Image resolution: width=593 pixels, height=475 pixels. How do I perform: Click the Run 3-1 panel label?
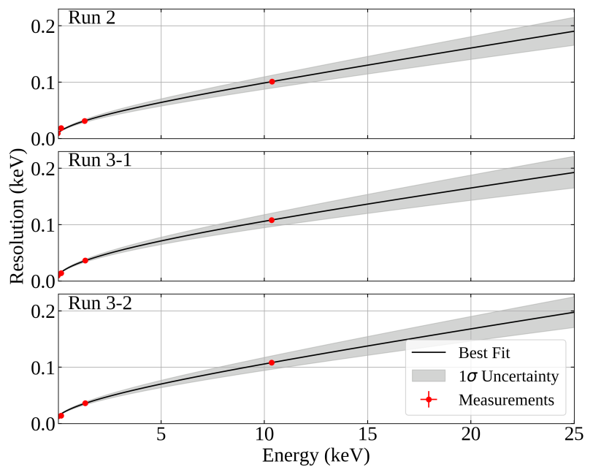[100, 161]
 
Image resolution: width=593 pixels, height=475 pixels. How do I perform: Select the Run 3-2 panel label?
[100, 303]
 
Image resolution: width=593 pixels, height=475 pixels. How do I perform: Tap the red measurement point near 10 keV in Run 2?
[272, 81]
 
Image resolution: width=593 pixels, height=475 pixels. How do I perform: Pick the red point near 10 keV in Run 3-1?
[272, 220]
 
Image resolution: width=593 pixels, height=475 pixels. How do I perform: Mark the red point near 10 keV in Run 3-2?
[272, 362]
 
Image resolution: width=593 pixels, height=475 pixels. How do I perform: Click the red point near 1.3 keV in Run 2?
[85, 121]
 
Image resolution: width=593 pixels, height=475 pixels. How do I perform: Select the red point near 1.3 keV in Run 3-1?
[85, 260]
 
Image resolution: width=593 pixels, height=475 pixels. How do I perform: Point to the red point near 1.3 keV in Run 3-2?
[85, 403]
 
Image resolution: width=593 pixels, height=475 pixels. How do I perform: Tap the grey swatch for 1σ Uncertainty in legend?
[429, 376]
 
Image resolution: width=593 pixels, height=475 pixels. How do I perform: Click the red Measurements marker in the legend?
[429, 400]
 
